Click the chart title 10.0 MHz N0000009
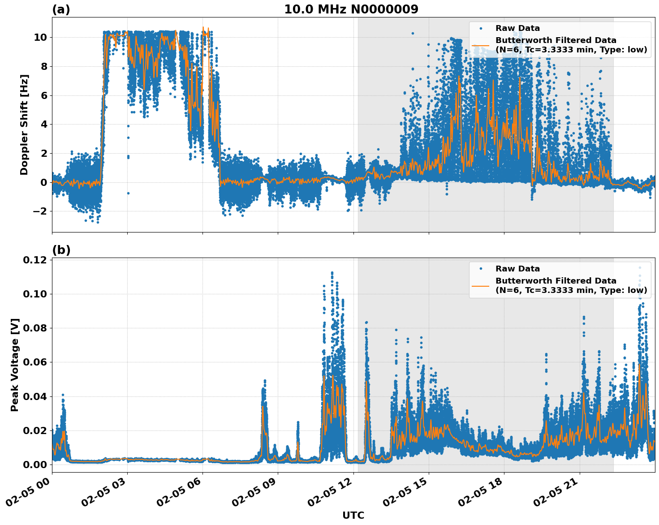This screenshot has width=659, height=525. [351, 9]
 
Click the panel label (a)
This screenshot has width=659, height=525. [61, 9]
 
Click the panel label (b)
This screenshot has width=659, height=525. [61, 250]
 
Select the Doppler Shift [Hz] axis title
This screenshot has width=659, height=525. [24, 125]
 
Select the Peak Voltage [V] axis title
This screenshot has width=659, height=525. [15, 365]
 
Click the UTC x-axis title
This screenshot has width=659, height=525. [353, 515]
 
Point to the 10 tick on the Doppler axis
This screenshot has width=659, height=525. [40, 37]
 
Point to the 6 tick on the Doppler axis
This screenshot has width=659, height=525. [43, 95]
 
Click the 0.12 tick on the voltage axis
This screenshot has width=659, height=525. [34, 260]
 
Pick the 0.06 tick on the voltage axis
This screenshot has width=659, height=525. [34, 362]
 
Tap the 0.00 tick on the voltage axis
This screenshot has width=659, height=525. [34, 465]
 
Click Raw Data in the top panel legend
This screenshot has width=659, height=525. [517, 29]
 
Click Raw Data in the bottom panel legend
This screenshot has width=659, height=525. [517, 269]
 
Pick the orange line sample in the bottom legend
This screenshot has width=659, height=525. [481, 285]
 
